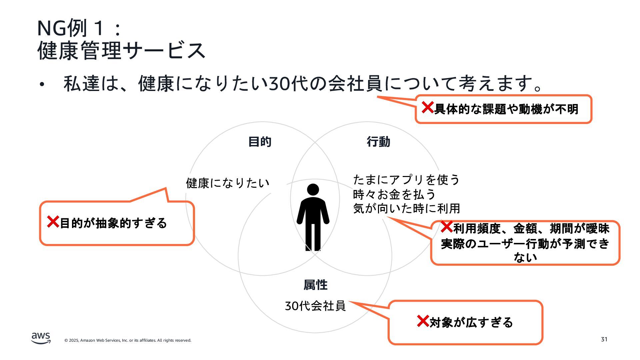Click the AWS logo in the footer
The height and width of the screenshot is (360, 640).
pos(41,338)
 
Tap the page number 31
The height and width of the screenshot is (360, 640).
pos(604,339)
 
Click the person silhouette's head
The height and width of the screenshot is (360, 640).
pos(313,189)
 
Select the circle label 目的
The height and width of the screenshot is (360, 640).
pos(260,142)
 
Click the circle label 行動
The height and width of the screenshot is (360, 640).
pos(378,142)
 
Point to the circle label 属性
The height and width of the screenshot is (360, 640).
pos(315,285)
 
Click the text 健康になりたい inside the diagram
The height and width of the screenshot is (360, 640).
pos(227,183)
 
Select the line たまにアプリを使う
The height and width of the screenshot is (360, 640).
pos(406,180)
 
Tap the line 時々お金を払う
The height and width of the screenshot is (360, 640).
pos(394,194)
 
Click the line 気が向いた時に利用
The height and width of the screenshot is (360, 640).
pos(406,209)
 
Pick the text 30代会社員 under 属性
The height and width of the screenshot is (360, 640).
pos(315,306)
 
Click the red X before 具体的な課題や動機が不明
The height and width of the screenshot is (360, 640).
pos(427,107)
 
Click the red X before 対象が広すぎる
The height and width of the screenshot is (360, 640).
pos(423,321)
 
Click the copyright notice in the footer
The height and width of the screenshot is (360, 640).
pos(128,340)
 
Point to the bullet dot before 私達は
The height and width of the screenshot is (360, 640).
pos(41,84)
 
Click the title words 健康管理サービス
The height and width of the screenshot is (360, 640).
pos(121,51)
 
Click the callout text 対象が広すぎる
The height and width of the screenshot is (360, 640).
pos(471,322)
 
